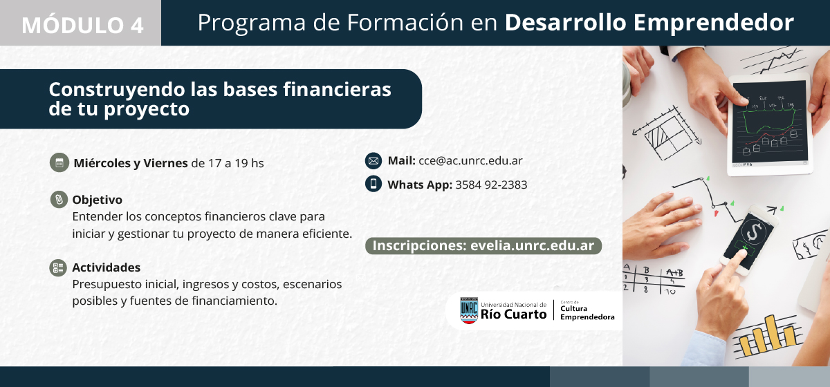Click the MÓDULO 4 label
click(82, 25)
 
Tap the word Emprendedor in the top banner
click(714, 23)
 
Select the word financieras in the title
click(337, 89)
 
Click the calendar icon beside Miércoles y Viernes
click(59, 162)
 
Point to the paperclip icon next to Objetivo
click(59, 200)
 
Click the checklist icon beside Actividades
click(58, 267)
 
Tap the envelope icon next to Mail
click(373, 161)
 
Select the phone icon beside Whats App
click(373, 184)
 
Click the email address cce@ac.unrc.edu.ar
click(470, 161)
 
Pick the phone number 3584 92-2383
click(491, 185)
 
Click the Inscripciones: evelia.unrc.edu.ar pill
click(483, 246)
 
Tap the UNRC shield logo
click(469, 310)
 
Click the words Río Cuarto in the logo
click(513, 314)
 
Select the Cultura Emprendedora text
click(587, 312)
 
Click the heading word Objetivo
click(97, 200)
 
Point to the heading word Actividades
click(107, 267)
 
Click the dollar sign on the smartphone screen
click(754, 232)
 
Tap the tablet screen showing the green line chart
click(770, 122)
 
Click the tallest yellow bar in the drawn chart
click(772, 332)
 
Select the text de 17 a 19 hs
click(228, 163)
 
